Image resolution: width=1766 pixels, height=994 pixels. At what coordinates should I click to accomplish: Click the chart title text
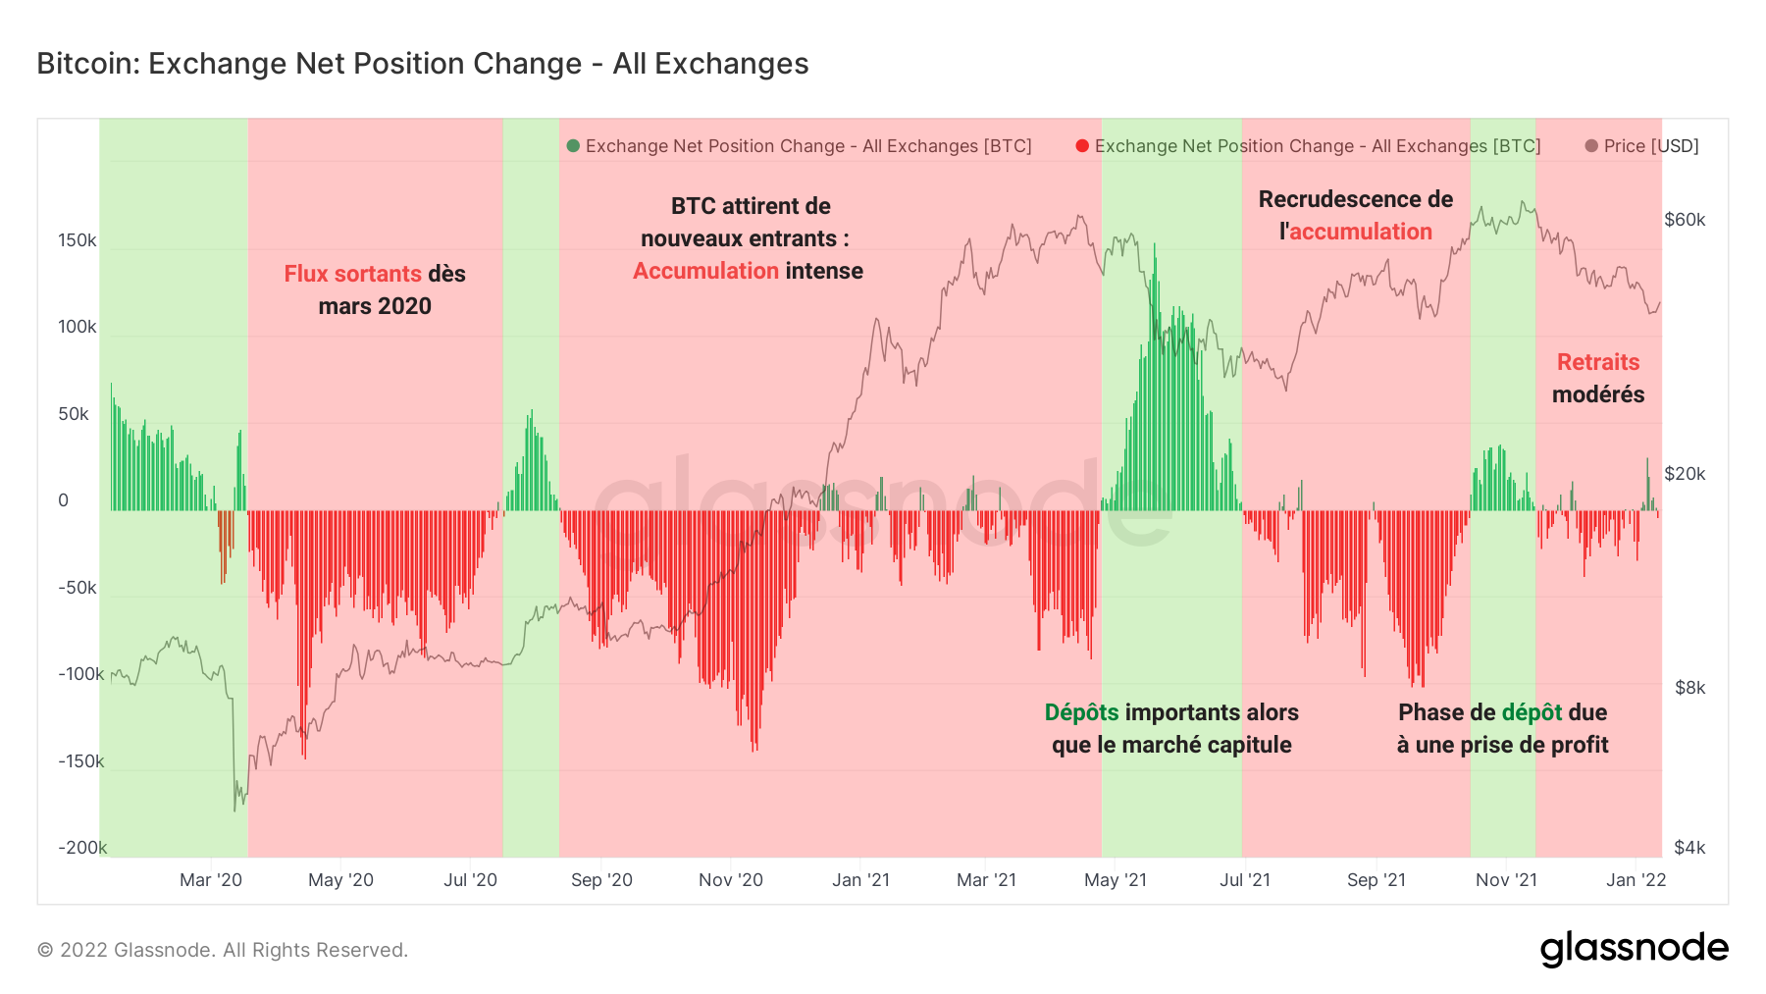[422, 64]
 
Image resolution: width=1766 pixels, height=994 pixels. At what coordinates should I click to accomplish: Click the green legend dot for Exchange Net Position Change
[573, 146]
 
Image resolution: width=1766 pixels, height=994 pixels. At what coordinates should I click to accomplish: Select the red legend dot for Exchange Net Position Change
[1082, 146]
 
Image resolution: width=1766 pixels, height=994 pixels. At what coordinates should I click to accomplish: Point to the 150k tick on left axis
[77, 240]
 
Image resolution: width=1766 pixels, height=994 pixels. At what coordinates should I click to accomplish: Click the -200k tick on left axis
[81, 848]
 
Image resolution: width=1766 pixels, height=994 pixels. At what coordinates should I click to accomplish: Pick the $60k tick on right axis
[1685, 220]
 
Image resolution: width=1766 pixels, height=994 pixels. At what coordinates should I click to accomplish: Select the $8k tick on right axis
[1689, 688]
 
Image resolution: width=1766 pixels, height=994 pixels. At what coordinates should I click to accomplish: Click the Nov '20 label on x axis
[730, 880]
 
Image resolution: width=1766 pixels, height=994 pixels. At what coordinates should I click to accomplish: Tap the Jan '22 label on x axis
[1636, 880]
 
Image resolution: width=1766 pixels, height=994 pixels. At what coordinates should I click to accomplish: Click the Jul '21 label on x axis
[1244, 880]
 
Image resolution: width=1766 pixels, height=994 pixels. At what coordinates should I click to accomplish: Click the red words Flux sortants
[352, 274]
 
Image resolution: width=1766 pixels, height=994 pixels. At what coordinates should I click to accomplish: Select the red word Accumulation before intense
[705, 271]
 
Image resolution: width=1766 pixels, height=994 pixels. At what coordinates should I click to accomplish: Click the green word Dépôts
[1081, 712]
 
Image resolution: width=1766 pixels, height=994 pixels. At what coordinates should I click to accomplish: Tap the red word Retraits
[1598, 362]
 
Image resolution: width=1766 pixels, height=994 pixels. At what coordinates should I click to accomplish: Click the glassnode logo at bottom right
[1634, 949]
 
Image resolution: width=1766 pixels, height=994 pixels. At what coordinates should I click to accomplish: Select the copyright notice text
[223, 950]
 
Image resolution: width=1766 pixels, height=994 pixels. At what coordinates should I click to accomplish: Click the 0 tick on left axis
[64, 500]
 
